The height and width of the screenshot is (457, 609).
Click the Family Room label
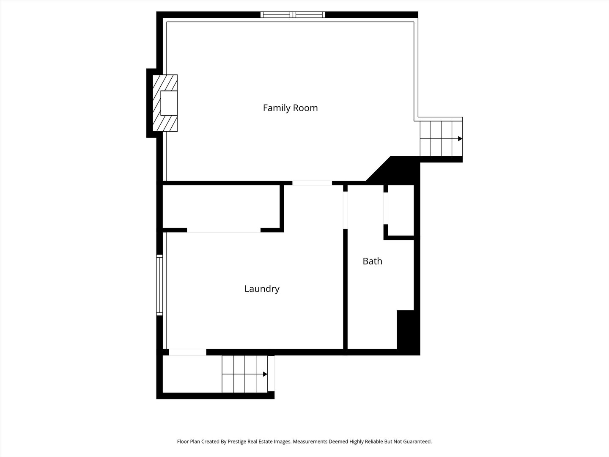tap(290, 108)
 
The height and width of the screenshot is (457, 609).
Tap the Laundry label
tap(262, 289)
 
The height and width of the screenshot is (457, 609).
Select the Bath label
tap(372, 261)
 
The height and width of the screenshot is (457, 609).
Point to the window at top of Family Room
tap(293, 15)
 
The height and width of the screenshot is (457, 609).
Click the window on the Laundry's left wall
tap(159, 285)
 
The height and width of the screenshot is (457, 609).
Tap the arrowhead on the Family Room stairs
tap(460, 138)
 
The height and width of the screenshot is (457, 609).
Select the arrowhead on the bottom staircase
tap(265, 374)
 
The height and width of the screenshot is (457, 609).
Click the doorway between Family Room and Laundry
tap(312, 183)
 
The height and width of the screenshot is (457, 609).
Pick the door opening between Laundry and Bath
tap(345, 210)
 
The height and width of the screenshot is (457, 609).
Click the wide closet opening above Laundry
tap(224, 230)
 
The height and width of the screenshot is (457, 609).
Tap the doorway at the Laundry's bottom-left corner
tap(187, 352)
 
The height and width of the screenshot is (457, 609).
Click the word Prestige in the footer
tap(237, 441)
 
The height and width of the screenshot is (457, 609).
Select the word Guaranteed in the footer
tap(417, 441)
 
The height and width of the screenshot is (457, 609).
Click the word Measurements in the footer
tap(311, 441)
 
